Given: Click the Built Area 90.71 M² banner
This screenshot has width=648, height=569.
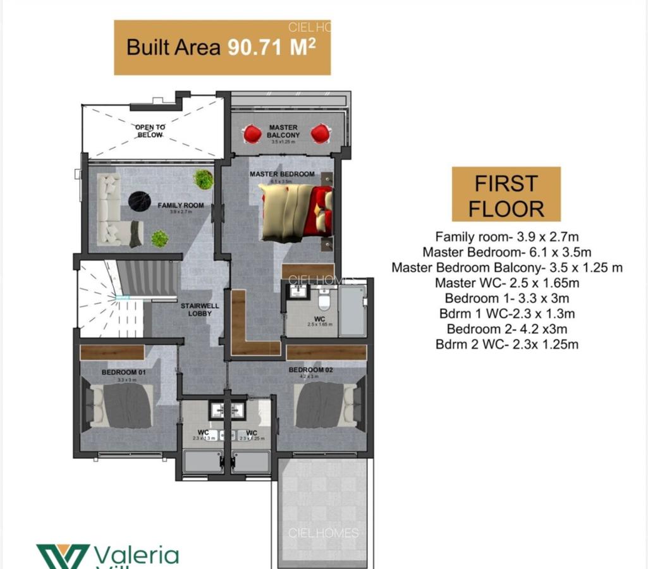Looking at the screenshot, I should coord(222,48).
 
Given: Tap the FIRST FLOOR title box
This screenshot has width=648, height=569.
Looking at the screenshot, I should coord(506,194).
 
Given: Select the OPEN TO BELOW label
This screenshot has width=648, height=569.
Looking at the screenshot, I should coord(150,131).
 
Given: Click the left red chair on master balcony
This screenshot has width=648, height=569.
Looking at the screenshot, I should coord(252,133).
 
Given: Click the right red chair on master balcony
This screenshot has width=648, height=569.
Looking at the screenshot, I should coord(320,133).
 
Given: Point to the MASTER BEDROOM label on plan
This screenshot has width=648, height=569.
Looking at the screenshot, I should coord(282,174).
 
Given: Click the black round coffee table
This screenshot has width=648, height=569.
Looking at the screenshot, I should coord(139,201).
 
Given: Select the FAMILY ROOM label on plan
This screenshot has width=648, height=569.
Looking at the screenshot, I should coord(181,205).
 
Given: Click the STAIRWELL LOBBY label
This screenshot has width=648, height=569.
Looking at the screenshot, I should coord(199,310).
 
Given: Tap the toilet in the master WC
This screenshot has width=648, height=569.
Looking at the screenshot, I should coord(324,297).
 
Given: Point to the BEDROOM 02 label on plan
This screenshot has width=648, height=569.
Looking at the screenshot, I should coord(310,370).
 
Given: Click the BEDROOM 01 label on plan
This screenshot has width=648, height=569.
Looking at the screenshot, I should coord(124,372).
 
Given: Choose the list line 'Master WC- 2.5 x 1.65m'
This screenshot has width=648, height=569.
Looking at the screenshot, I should coord(506,283).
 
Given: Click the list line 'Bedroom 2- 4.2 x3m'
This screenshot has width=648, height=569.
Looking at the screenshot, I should coord(506,329).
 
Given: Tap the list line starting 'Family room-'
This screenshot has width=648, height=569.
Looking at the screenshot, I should coord(506,237).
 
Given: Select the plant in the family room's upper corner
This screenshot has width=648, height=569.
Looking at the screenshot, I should coord(204,179).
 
